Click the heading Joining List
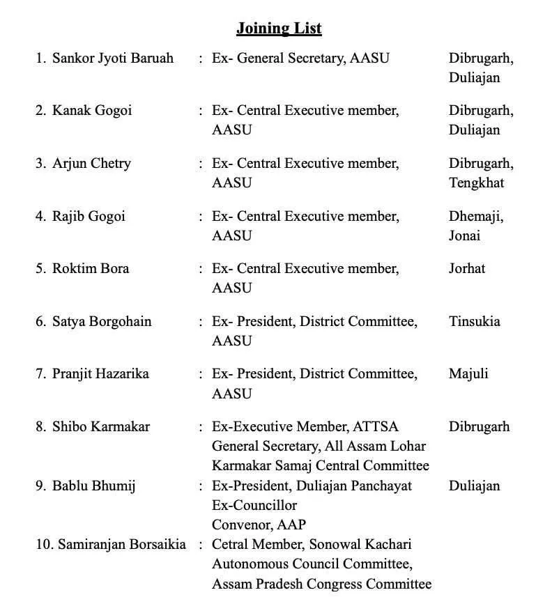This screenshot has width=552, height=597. [279, 29]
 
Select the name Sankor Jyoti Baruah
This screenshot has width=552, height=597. [113, 58]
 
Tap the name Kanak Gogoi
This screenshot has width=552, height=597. [92, 111]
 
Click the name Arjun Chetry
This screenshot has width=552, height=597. [91, 164]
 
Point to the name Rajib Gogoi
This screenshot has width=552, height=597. [89, 216]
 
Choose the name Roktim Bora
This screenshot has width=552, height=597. [91, 269]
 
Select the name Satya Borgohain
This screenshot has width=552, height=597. [102, 322]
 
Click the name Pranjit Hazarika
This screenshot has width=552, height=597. [100, 374]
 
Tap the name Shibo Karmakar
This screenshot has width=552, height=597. [101, 427]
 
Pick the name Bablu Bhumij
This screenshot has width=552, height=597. [93, 486]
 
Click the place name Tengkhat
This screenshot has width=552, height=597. [476, 183]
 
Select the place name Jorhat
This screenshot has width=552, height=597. [467, 269]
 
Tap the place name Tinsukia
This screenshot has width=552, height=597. [474, 322]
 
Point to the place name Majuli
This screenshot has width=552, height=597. [468, 374]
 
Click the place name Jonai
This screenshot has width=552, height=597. [464, 235]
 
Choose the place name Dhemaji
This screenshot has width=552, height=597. [474, 216]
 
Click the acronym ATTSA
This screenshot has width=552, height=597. [376, 427]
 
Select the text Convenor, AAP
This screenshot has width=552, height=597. [259, 525]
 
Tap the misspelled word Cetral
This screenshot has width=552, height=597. [232, 544]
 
